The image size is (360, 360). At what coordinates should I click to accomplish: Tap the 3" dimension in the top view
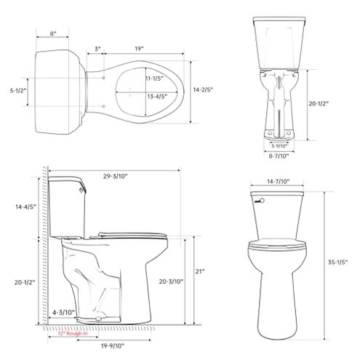coord(98,49)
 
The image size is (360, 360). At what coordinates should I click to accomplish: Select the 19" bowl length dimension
coord(138,49)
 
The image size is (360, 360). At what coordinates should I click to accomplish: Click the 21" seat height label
coord(199,271)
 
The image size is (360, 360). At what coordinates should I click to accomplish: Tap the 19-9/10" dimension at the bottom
coord(111,346)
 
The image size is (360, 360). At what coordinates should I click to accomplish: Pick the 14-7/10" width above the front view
coord(278,180)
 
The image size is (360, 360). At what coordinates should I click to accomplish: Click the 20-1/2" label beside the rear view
coord(318,104)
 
